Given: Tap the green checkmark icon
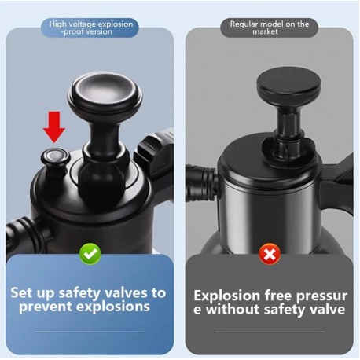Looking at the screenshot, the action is pyautogui.click(x=90, y=254).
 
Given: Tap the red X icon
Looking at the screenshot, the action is pyautogui.click(x=270, y=254).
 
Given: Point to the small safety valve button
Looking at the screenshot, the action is pyautogui.click(x=55, y=159).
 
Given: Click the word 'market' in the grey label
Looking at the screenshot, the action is pyautogui.click(x=265, y=31).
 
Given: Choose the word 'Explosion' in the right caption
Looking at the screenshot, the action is pyautogui.click(x=226, y=296).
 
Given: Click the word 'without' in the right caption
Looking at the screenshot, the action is pyautogui.click(x=233, y=309).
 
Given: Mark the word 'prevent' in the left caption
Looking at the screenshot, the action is pyautogui.click(x=46, y=307).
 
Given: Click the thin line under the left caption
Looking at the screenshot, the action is pyautogui.click(x=90, y=332).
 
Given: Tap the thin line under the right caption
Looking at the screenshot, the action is pyautogui.click(x=270, y=332).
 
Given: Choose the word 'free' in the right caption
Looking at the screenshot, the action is pyautogui.click(x=278, y=296).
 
